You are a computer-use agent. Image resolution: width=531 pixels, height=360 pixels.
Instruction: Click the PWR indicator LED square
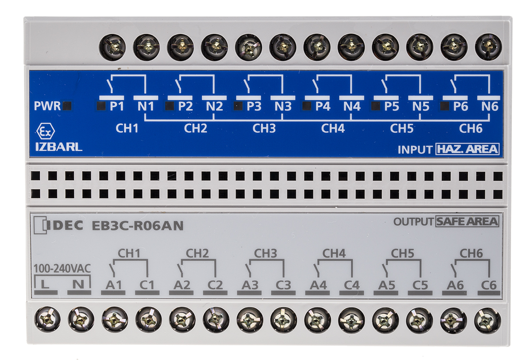(67, 106)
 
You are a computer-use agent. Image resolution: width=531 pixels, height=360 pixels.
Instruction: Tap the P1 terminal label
(117, 106)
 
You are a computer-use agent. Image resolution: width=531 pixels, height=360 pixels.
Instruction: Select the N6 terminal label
(490, 106)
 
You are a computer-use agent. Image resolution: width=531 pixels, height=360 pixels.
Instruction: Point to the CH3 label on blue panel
(264, 128)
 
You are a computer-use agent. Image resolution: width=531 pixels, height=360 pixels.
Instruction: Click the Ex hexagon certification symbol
(46, 132)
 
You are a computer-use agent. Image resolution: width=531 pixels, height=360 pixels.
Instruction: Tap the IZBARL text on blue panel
(59, 147)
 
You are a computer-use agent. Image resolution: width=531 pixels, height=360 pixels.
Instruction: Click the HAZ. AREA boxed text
(467, 149)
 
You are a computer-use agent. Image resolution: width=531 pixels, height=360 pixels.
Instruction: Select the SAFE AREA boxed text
(467, 222)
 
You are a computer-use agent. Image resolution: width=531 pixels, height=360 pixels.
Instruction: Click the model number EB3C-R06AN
(138, 226)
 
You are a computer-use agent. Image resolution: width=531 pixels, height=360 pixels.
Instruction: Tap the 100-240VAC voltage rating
(62, 269)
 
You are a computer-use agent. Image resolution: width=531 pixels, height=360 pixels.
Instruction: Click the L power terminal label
(45, 284)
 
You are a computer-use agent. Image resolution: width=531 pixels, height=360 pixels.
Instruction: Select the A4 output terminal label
(318, 285)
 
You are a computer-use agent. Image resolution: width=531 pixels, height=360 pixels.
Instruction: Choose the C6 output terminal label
(489, 285)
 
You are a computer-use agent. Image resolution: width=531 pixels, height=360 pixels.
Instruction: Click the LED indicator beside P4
(307, 106)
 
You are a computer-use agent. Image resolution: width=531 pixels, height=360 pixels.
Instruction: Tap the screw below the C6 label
(488, 320)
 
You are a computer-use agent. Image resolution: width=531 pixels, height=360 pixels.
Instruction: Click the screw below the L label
(47, 320)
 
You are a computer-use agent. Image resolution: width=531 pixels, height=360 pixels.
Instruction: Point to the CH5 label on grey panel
(402, 254)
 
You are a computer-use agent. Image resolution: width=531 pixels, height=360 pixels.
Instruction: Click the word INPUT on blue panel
(415, 150)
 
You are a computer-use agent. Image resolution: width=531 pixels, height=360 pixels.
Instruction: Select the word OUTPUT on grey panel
(413, 222)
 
